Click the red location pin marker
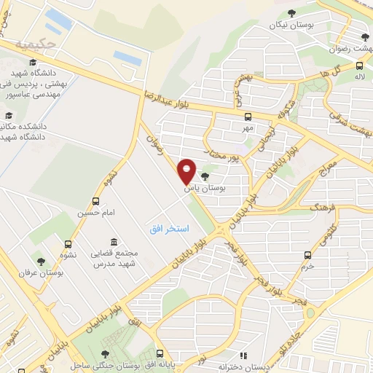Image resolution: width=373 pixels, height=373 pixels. point(186,170)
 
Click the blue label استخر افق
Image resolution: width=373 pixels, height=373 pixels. point(169,229)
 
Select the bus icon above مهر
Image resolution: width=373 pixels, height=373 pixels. point(248,116)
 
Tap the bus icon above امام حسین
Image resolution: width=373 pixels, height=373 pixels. point(95,202)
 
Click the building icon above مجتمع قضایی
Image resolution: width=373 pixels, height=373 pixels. point(114,242)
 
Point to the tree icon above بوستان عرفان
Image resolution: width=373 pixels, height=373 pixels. point(40,259)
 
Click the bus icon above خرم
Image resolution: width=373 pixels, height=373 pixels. point(307,255)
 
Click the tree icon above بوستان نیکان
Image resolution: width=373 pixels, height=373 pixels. point(292,12)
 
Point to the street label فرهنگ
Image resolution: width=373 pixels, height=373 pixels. point(321,208)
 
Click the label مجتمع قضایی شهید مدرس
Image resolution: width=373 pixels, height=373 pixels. point(114,257)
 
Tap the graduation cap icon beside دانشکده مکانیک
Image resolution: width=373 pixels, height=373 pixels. point(9,115)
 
